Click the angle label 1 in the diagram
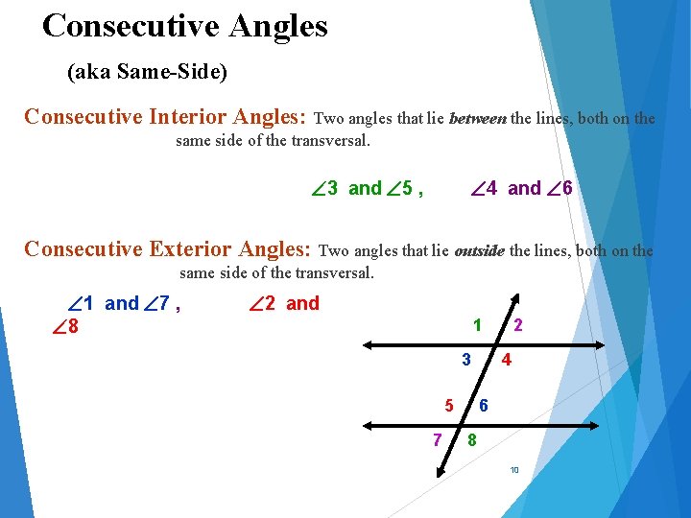click(477, 325)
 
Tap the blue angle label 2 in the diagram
click(518, 325)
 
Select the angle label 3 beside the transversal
click(465, 361)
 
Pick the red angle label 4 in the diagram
click(506, 361)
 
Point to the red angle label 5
click(447, 405)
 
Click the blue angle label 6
click(484, 405)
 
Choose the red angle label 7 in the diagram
click(437, 440)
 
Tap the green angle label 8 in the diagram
click(471, 440)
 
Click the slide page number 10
click(514, 470)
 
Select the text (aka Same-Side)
click(147, 72)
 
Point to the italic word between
click(477, 119)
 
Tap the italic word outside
click(479, 251)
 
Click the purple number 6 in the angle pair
click(567, 188)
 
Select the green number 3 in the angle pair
click(332, 188)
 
